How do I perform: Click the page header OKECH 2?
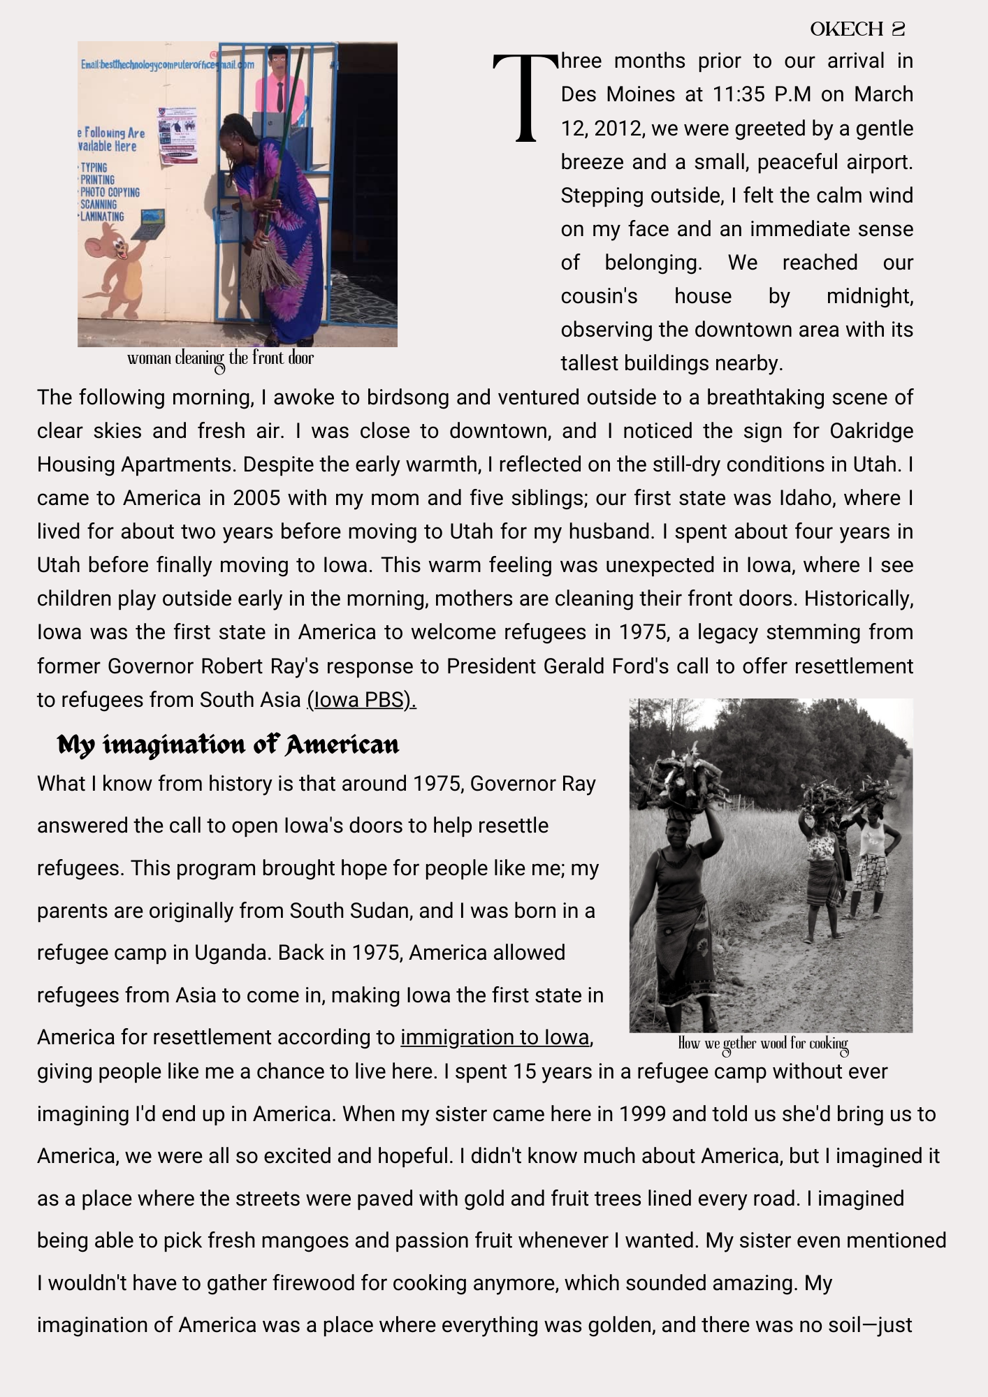pos(857,29)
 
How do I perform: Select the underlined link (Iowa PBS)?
pos(361,700)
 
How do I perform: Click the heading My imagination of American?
pos(228,745)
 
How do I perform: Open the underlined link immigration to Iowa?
pos(495,1037)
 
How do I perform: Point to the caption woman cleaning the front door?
pos(220,359)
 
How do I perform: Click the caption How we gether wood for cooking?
pos(763,1044)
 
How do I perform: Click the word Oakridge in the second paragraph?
pos(871,431)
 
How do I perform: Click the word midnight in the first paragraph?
pos(869,296)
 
